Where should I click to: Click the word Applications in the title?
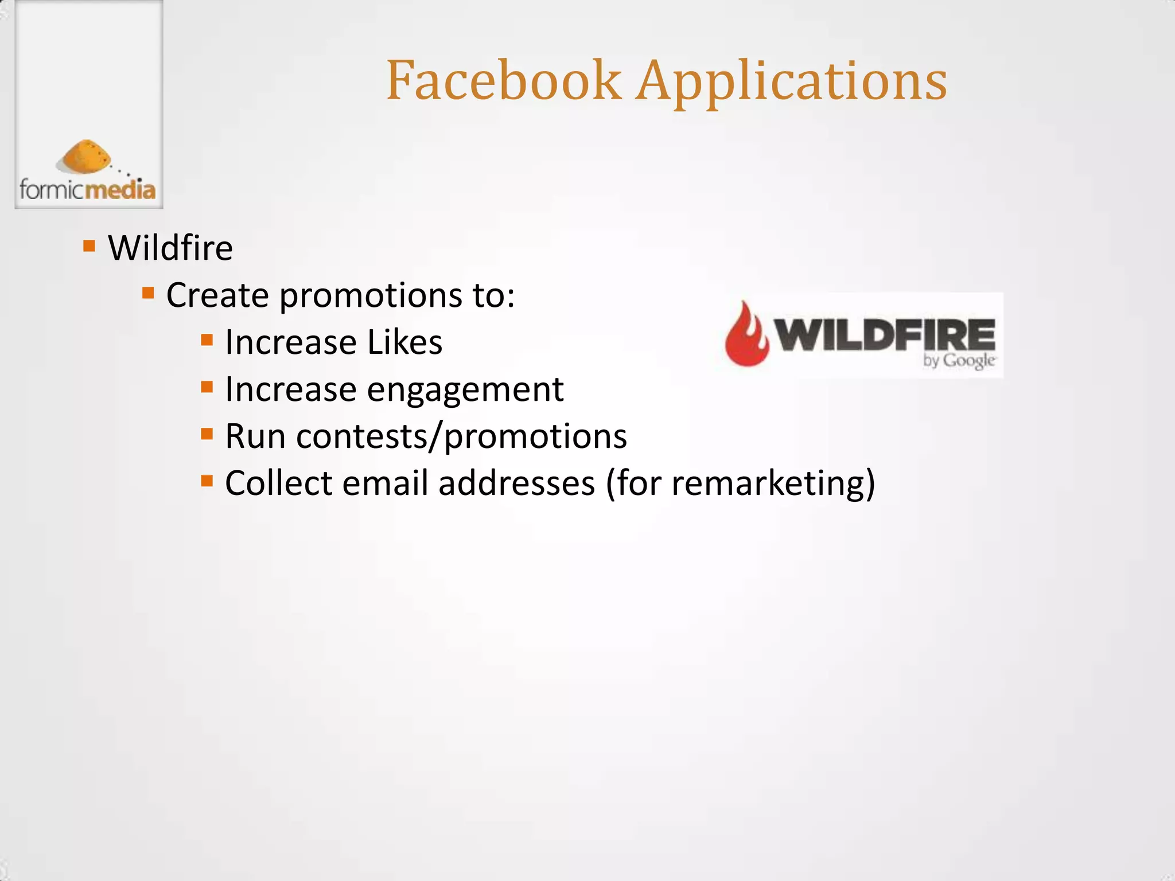(x=792, y=83)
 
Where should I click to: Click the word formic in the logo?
(x=52, y=189)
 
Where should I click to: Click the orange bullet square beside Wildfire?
(x=89, y=246)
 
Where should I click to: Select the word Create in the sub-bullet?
(x=217, y=295)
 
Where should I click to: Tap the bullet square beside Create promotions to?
(x=148, y=294)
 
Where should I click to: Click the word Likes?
(x=404, y=342)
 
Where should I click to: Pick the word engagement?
(x=465, y=391)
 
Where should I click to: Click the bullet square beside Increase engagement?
(x=207, y=387)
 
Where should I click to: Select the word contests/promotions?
(x=461, y=436)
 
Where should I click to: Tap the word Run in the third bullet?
(x=255, y=436)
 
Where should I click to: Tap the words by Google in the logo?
(x=959, y=361)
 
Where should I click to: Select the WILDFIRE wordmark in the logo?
(x=885, y=335)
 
